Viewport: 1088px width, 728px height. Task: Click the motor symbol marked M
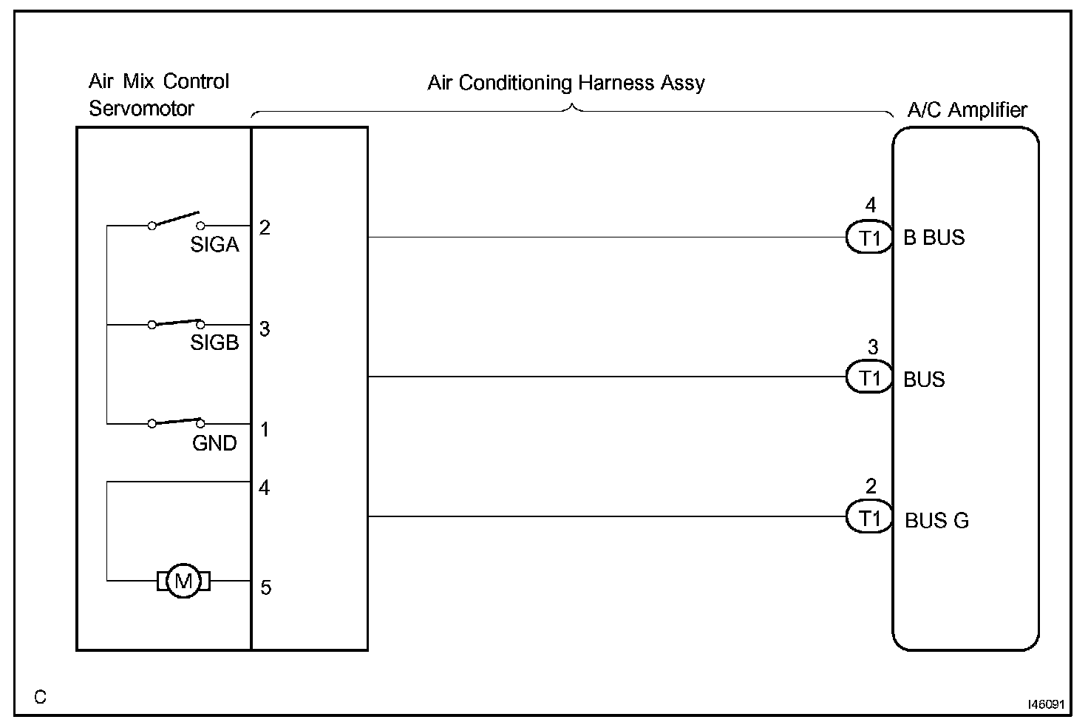[x=183, y=581]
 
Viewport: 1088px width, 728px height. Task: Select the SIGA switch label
[x=214, y=245]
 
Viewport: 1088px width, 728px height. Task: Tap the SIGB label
[x=214, y=343]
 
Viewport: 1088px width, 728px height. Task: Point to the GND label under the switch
[x=214, y=443]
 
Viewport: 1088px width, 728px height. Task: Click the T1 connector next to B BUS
[x=870, y=238]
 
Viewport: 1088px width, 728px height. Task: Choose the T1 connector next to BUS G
[x=870, y=519]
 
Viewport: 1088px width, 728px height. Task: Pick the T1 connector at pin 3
[x=870, y=379]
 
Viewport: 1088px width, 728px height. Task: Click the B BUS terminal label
[x=934, y=237]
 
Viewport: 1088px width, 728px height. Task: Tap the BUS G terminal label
[x=936, y=521]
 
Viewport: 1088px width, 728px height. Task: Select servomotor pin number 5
[x=265, y=588]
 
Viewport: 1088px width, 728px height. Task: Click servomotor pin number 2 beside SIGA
[x=265, y=228]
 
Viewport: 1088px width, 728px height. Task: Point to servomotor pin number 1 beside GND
[x=265, y=430]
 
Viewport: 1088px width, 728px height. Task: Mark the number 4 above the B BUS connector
[x=871, y=206]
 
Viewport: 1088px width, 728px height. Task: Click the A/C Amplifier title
[x=967, y=110]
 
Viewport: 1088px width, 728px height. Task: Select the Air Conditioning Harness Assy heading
[x=566, y=83]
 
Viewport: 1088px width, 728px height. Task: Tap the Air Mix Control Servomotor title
[x=158, y=95]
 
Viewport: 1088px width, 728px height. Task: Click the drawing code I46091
[x=1046, y=705]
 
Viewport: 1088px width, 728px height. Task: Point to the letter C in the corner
[x=40, y=697]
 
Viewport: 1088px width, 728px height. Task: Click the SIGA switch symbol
[x=175, y=220]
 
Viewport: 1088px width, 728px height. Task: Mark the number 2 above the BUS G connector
[x=871, y=487]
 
